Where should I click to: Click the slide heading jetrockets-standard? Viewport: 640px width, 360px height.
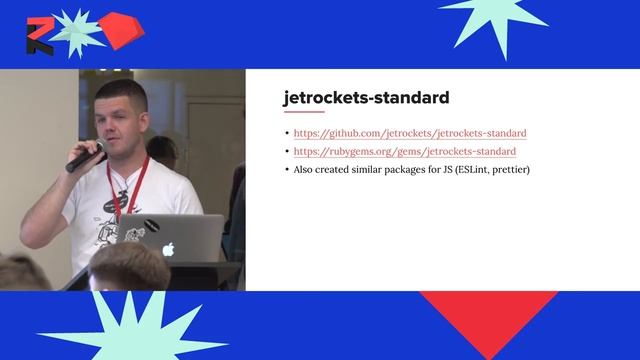click(366, 98)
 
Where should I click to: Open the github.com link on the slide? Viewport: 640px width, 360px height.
click(410, 133)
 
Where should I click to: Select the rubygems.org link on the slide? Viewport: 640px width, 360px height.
click(404, 151)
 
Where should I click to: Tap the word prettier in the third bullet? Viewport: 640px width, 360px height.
click(507, 170)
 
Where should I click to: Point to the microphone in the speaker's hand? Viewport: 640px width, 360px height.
click(85, 157)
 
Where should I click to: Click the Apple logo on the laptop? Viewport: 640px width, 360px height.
click(168, 248)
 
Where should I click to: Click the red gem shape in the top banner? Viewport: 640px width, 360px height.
click(121, 29)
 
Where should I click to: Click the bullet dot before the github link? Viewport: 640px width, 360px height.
click(287, 133)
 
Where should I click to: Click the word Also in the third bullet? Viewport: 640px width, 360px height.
click(305, 170)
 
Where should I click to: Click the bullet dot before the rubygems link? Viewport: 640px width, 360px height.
click(287, 152)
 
